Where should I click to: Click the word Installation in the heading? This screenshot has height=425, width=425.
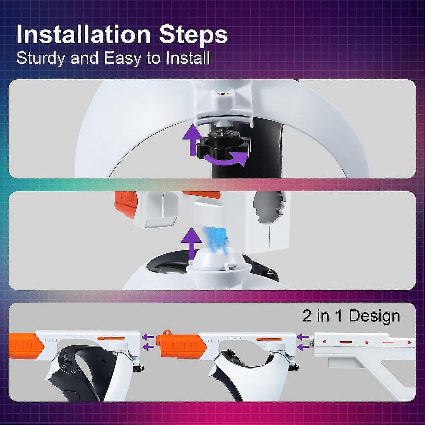click(x=83, y=35)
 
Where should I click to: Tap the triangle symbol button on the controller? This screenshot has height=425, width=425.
click(x=271, y=273)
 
